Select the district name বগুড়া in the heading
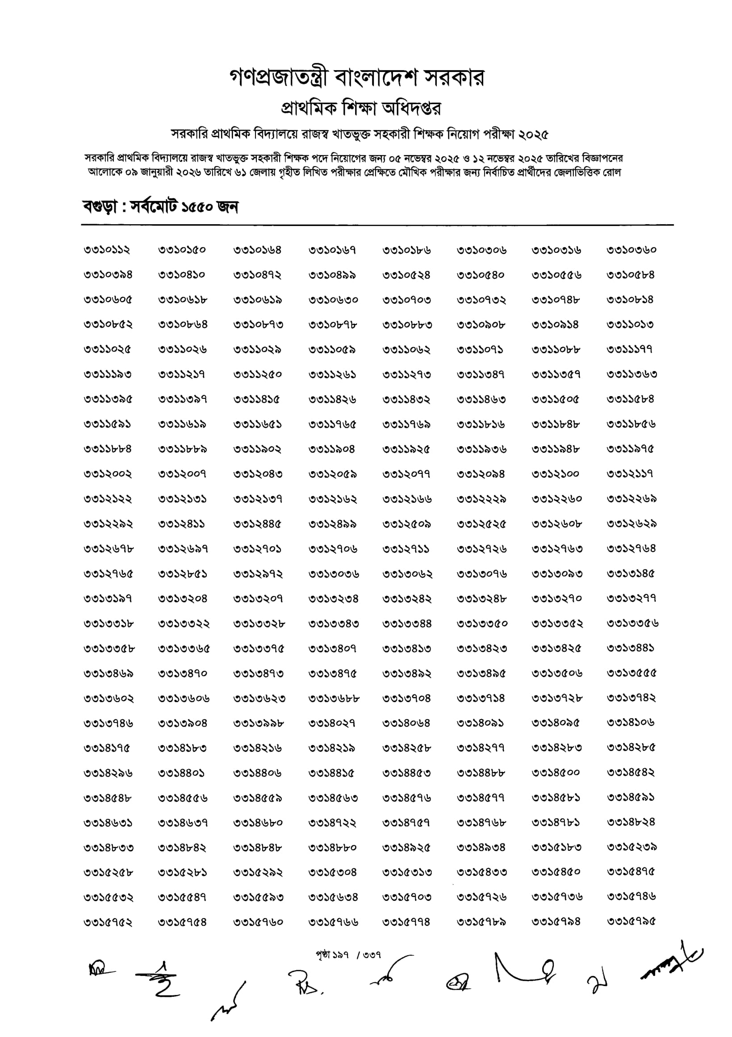coord(100,207)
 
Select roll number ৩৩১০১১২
coord(107,250)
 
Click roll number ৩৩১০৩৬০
coord(631,250)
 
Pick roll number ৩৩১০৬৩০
coord(333,300)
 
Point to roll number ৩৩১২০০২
coord(108,474)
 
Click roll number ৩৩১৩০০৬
coord(334,574)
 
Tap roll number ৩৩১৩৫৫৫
coord(631,673)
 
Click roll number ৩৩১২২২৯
coord(481,499)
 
